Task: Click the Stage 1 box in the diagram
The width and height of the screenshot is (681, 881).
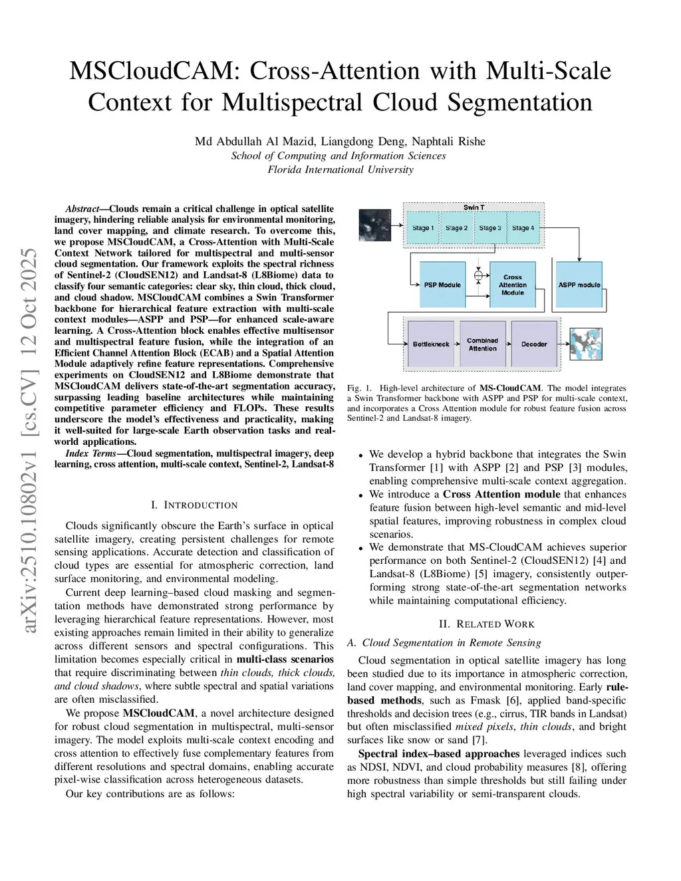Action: pyautogui.click(x=423, y=228)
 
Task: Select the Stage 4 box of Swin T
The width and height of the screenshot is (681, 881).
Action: pyautogui.click(x=523, y=228)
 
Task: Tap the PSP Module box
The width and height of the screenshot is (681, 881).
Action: pyautogui.click(x=442, y=285)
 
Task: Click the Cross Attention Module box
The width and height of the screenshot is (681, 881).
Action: pyautogui.click(x=512, y=285)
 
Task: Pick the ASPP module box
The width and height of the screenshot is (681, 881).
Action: pyautogui.click(x=579, y=285)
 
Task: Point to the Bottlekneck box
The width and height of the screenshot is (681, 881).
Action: pyautogui.click(x=431, y=344)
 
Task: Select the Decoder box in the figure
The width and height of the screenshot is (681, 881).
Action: pyautogui.click(x=534, y=344)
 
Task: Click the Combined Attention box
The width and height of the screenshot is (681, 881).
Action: pyautogui.click(x=482, y=344)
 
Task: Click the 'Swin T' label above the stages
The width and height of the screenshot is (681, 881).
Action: pyautogui.click(x=474, y=207)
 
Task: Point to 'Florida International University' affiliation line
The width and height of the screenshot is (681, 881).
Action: pyautogui.click(x=340, y=170)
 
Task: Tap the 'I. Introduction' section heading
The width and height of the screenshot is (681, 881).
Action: pyautogui.click(x=194, y=505)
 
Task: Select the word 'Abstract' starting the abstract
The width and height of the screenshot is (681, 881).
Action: pyautogui.click(x=82, y=209)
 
